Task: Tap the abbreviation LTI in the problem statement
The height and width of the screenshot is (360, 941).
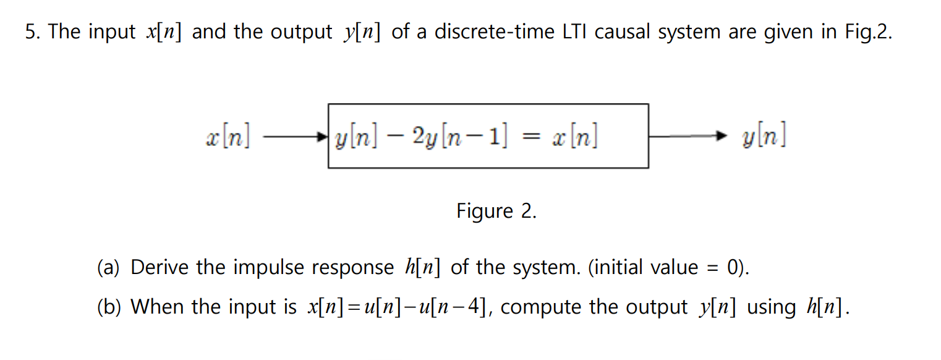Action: pyautogui.click(x=576, y=32)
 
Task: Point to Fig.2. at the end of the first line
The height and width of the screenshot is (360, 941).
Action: pyautogui.click(x=868, y=32)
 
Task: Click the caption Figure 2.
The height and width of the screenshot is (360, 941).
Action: pyautogui.click(x=496, y=212)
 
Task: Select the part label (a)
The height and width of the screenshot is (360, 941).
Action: pyautogui.click(x=109, y=268)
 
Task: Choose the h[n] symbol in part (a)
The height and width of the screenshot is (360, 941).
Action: pyautogui.click(x=423, y=268)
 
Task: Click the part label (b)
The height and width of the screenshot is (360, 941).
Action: pyautogui.click(x=109, y=307)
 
